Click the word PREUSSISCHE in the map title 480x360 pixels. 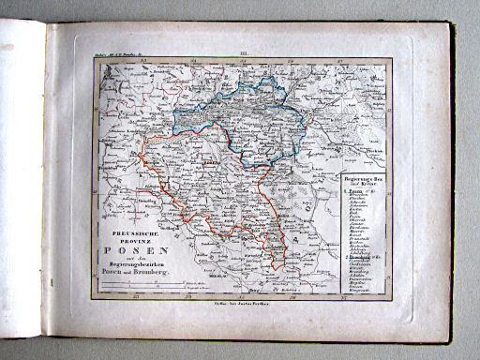[142, 223]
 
